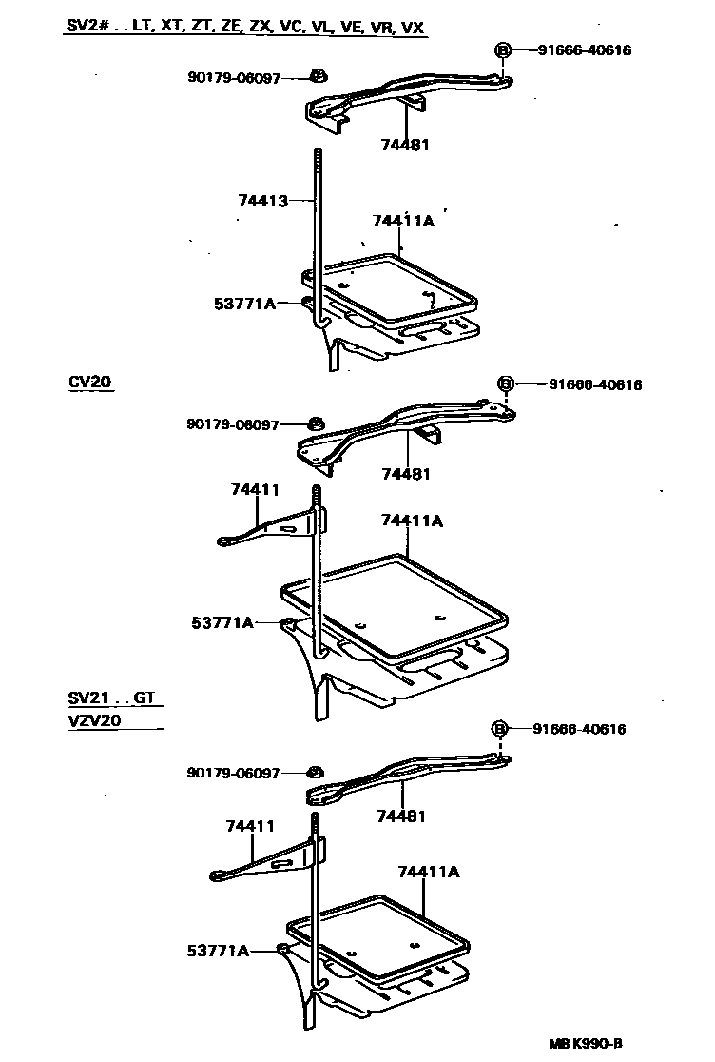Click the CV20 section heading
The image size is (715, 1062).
pyautogui.click(x=89, y=383)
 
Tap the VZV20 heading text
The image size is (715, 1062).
pyautogui.click(x=94, y=720)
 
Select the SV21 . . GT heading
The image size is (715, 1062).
pyautogui.click(x=110, y=698)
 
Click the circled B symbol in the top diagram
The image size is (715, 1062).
pyautogui.click(x=503, y=50)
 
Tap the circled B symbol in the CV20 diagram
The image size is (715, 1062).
pyautogui.click(x=507, y=383)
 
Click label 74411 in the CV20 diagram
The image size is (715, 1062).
pyautogui.click(x=254, y=489)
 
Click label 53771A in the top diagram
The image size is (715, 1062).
pyautogui.click(x=244, y=304)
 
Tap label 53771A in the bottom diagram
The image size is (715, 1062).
pyautogui.click(x=218, y=950)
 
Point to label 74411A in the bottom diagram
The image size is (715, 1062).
pyautogui.click(x=429, y=872)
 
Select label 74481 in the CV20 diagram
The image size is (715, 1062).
pyautogui.click(x=406, y=474)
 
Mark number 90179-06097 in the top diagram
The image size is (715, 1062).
pyautogui.click(x=234, y=78)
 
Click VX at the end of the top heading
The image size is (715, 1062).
pyautogui.click(x=413, y=29)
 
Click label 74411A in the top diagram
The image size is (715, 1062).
pyautogui.click(x=403, y=221)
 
